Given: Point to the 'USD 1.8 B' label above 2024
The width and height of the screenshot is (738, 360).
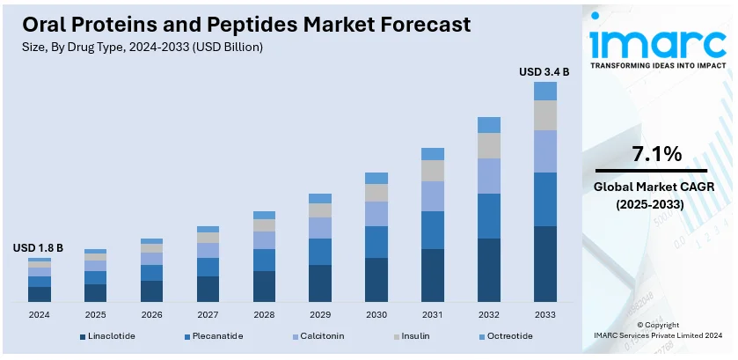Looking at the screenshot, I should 38,249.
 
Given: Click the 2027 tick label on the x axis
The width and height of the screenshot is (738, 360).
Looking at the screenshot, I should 208,314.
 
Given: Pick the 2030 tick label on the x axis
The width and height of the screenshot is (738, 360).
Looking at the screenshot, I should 376,314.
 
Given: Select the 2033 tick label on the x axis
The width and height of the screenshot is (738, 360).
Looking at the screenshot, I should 545,314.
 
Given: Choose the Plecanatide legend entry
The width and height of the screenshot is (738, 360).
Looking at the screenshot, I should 214,336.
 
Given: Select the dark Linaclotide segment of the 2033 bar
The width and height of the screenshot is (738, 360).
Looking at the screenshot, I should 545,264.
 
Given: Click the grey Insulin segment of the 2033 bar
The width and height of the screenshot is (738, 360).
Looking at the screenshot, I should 545,115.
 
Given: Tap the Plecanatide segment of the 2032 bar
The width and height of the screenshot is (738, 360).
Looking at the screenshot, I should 489,216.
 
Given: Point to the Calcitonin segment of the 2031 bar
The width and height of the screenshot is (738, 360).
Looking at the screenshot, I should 433,196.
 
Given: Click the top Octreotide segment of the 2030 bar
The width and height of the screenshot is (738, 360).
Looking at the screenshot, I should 376,178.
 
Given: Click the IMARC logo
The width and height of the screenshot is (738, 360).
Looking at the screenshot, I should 657,44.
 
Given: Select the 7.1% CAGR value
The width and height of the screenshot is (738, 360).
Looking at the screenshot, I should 657,154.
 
